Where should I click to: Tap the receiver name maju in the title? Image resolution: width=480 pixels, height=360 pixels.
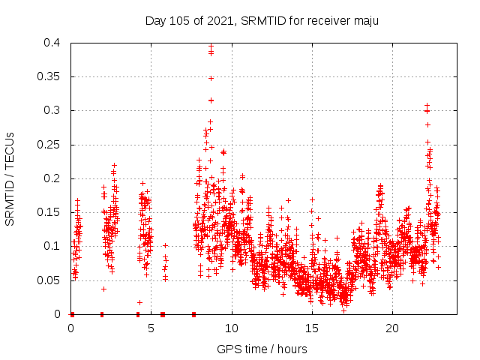coord(365,21)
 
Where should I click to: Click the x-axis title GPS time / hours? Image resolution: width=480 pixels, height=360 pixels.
coord(262,349)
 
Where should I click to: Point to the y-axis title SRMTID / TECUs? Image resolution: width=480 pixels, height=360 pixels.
coord(10,178)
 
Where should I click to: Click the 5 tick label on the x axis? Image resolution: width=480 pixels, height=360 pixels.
coord(151,328)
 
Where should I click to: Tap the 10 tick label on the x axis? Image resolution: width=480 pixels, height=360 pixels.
coord(232,328)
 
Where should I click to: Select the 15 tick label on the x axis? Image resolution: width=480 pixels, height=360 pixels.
coord(312,328)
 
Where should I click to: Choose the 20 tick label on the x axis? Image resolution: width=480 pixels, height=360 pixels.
coord(392,328)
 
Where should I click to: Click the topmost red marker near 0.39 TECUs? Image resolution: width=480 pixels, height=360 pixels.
coord(211,47)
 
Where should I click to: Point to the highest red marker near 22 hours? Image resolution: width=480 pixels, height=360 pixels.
coord(427,106)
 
